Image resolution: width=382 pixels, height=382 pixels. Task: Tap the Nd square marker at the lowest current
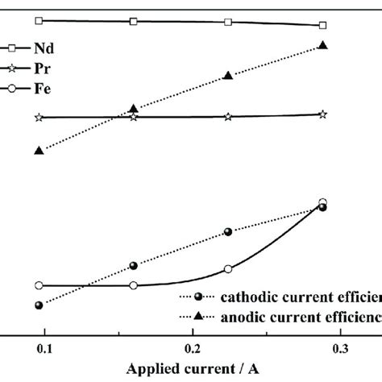pyautogui.click(x=39, y=20)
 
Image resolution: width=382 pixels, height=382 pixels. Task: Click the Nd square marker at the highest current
pyautogui.click(x=322, y=26)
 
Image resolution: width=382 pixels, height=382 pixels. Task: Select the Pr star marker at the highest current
pyautogui.click(x=322, y=115)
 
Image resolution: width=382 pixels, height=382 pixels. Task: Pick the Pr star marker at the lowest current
pyautogui.click(x=39, y=118)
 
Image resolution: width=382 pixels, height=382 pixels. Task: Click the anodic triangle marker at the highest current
pyautogui.click(x=322, y=46)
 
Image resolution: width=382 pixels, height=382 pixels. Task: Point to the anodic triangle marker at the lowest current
pyautogui.click(x=39, y=151)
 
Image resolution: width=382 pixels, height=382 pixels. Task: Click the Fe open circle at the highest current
pyautogui.click(x=322, y=203)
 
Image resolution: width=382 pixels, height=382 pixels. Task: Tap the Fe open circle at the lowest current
pyautogui.click(x=39, y=285)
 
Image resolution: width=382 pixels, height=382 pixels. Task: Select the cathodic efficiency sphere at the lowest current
pyautogui.click(x=39, y=305)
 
